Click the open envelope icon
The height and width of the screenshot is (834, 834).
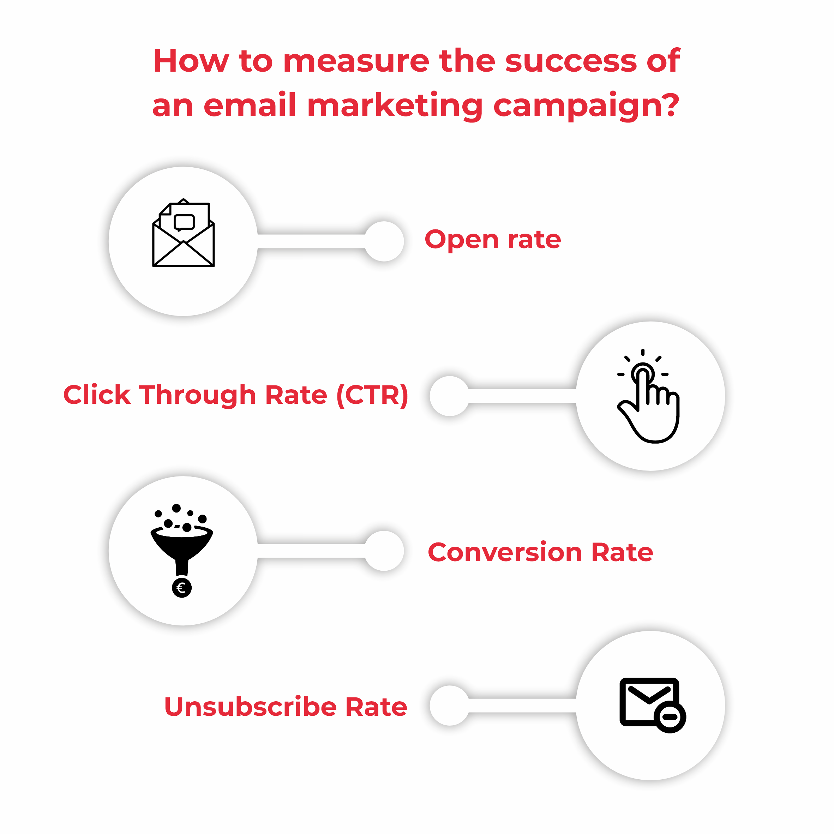point(184,233)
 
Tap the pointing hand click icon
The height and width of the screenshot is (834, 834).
point(649,396)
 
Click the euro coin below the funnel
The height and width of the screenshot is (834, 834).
point(182,588)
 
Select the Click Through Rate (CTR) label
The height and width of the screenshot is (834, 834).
point(236,395)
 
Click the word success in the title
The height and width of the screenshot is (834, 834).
point(571,60)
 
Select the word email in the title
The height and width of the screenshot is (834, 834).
point(250,105)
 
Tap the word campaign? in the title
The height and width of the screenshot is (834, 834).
point(586,106)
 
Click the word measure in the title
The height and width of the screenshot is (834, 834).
point(356,61)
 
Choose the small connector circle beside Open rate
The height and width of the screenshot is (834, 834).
point(384,241)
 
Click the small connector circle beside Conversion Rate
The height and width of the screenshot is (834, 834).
point(384,551)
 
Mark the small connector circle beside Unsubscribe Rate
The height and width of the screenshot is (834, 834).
point(449,706)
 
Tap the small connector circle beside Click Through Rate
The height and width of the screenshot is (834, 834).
point(449,396)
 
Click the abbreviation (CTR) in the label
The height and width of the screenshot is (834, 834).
point(372,395)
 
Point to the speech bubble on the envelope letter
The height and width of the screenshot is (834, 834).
point(184,222)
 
